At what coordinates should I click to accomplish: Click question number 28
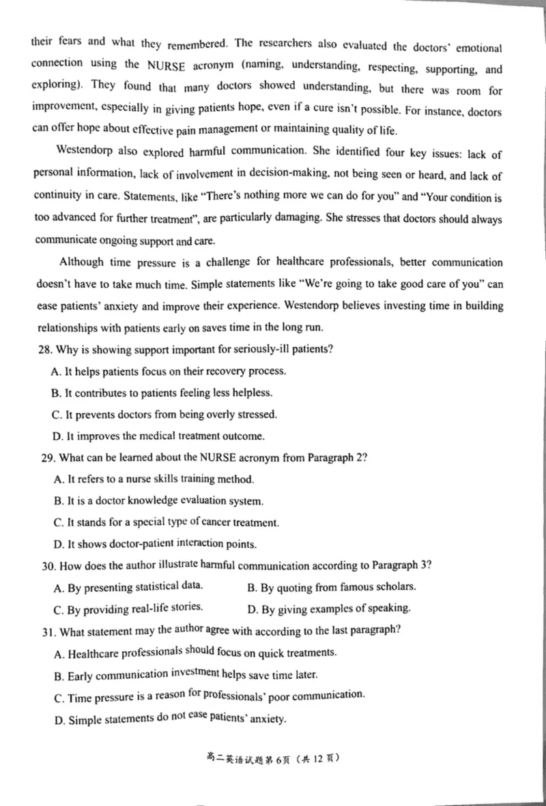point(46,350)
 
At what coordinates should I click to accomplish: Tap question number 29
point(47,458)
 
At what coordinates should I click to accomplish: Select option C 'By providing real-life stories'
point(128,608)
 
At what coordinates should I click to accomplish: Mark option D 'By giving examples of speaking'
point(328,608)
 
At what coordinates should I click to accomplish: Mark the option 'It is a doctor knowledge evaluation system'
point(158,501)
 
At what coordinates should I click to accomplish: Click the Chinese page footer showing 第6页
point(272,758)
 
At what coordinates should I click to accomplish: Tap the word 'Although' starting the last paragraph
point(82,263)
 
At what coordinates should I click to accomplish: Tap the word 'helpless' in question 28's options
point(253,393)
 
